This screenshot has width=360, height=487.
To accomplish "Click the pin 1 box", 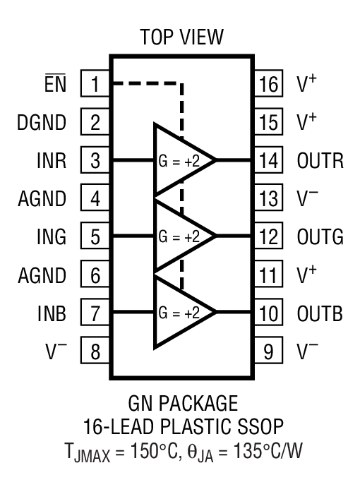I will (95, 85).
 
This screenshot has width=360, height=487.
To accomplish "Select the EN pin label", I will (56, 85).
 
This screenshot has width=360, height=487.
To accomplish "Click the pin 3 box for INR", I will (95, 160).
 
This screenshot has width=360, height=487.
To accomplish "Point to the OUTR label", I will (320, 160).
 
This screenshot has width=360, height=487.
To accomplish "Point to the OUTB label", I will (320, 311).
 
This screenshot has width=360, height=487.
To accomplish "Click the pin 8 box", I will (95, 349).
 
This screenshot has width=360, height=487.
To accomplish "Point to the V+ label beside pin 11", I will (307, 272).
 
